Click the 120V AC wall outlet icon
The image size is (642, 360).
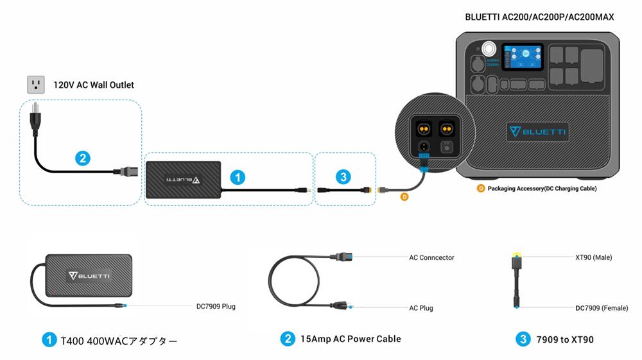[x=35, y=84]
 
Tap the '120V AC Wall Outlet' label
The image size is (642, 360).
[x=94, y=85]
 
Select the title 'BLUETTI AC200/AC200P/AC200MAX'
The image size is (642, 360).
[x=539, y=17]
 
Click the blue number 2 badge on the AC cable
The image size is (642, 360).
[x=82, y=158]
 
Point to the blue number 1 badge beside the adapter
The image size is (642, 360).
[x=238, y=177]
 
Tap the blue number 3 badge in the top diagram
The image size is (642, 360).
[x=344, y=177]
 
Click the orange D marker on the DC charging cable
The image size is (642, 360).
[x=404, y=197]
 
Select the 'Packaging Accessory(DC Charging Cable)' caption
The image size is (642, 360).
[x=541, y=189]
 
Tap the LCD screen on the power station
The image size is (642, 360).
[x=523, y=60]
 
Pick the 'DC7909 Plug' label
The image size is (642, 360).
[x=216, y=306]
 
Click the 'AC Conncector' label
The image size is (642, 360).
[x=431, y=257]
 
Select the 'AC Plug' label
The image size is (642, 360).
[x=421, y=308]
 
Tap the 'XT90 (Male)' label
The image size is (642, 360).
[x=593, y=257]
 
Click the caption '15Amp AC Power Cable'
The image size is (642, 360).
[x=350, y=339]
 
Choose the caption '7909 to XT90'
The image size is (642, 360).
[x=565, y=339]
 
